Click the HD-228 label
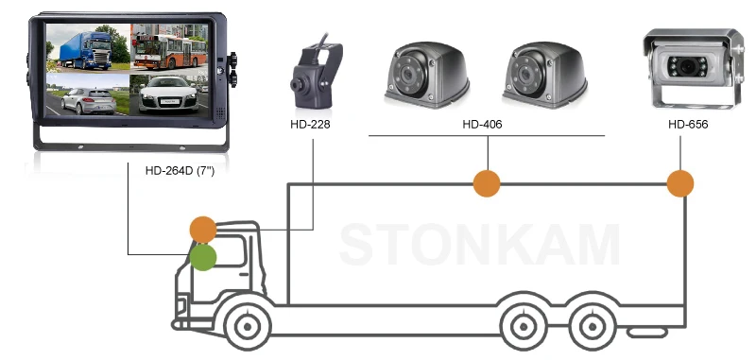pyautogui.click(x=312, y=125)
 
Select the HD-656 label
pyautogui.click(x=687, y=125)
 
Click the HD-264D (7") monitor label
pyautogui.click(x=179, y=172)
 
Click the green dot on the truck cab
pyautogui.click(x=202, y=257)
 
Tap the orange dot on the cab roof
pyautogui.click(x=203, y=229)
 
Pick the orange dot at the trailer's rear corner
pyautogui.click(x=679, y=183)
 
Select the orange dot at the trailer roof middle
pyautogui.click(x=487, y=183)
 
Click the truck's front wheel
pyautogui.click(x=246, y=327)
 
